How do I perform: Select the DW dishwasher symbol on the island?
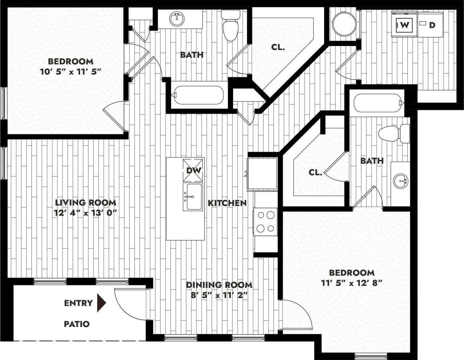[193, 169]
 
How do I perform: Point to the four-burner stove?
[265, 222]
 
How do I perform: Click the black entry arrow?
[101, 303]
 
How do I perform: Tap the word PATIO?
[76, 324]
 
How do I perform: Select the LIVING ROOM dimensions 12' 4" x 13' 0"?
[85, 213]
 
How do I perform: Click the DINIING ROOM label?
[219, 285]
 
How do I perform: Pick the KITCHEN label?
[227, 203]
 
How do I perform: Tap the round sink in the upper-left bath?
[177, 19]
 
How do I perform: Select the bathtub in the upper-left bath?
[198, 95]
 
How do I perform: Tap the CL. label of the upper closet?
[278, 47]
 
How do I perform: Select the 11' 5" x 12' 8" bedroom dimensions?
[352, 283]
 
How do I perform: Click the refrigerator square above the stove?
[262, 173]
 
